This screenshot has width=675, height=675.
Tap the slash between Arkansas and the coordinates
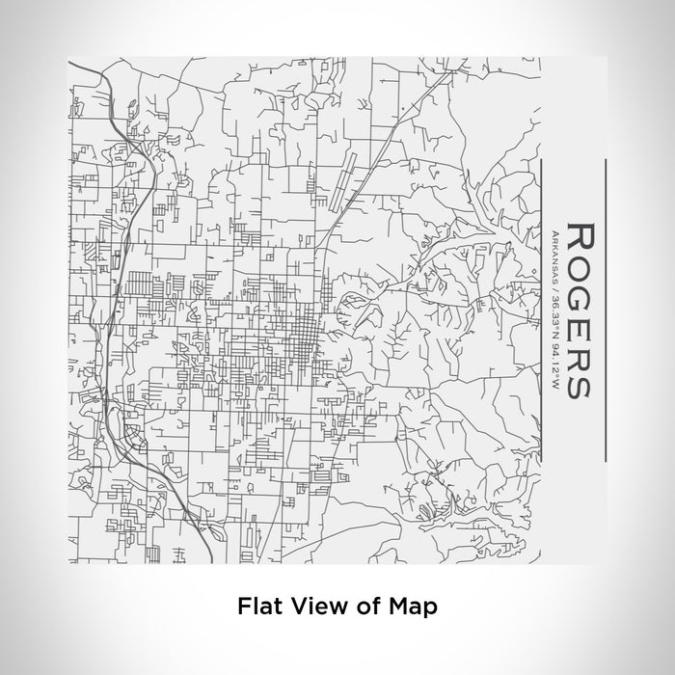pyautogui.click(x=555, y=288)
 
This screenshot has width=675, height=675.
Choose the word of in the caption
pyautogui.click(x=364, y=607)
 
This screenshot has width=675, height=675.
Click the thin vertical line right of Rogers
pyautogui.click(x=605, y=310)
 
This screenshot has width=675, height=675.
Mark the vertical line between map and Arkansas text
pyautogui.click(x=544, y=310)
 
